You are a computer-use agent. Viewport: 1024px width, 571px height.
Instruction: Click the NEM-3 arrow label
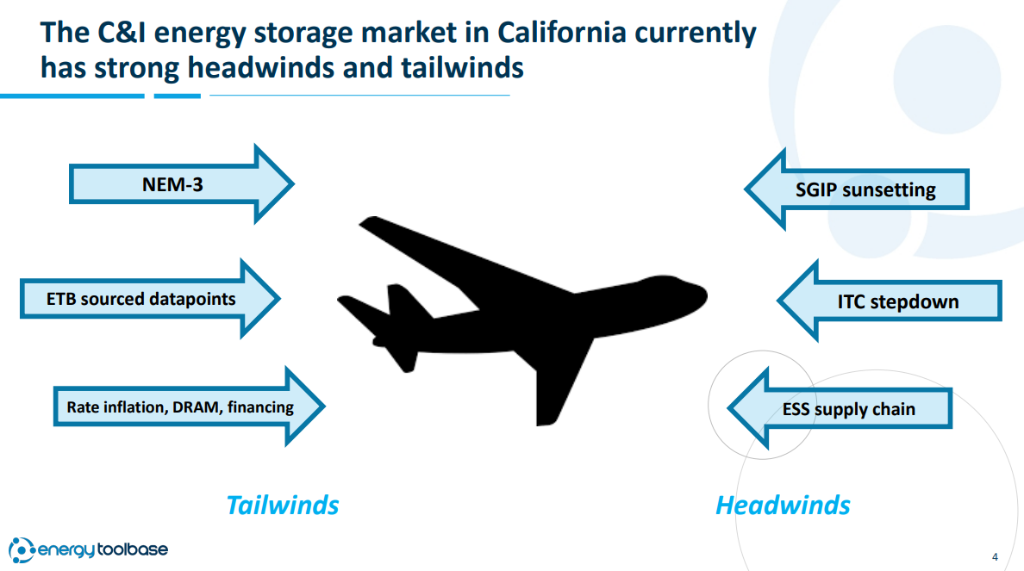click(x=172, y=184)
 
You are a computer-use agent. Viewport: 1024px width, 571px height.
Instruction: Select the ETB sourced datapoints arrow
click(x=150, y=299)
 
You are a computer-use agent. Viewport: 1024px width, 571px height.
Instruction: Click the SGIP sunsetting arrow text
click(x=865, y=189)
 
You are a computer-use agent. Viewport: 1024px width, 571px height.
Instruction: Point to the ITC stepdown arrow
click(x=889, y=301)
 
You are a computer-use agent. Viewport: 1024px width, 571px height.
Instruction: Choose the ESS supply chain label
click(x=848, y=409)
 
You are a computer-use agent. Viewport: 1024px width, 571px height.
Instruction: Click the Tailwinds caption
click(x=282, y=505)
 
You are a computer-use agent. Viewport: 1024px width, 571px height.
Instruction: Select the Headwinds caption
click(x=783, y=505)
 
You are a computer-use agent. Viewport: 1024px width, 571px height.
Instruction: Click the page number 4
click(x=995, y=556)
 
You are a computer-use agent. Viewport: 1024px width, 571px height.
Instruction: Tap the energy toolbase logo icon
click(x=21, y=550)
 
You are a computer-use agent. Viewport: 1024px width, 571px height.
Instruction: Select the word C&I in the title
click(x=122, y=33)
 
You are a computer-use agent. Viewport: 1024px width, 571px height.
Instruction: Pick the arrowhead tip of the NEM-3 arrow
click(x=294, y=184)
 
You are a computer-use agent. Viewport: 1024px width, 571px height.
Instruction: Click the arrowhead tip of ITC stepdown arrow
click(x=777, y=301)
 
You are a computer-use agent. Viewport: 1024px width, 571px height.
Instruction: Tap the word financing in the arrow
click(x=260, y=407)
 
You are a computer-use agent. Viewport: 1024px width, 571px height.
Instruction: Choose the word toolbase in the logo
click(x=133, y=549)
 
